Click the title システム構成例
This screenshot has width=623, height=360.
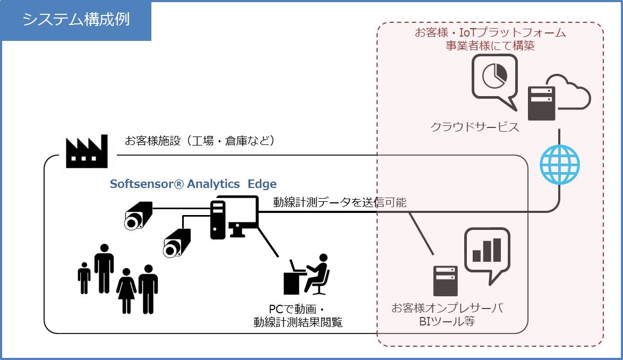pos(76,20)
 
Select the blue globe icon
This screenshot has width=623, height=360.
pos(559,165)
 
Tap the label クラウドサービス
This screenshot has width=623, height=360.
pos(474,127)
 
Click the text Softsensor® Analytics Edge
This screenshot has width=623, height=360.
pos(193,184)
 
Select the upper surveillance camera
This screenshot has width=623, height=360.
pos(138,216)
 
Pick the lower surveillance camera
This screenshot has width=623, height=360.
pos(177,243)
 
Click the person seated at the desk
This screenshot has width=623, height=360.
pos(306,275)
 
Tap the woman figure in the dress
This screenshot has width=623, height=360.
pos(126,291)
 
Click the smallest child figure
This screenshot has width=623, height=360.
pos(84,278)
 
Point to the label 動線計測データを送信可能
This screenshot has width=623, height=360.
pos(340,202)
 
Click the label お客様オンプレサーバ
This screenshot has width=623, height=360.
pos(447,308)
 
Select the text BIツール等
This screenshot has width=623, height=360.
pos(447,321)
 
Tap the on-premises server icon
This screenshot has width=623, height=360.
pos(446,281)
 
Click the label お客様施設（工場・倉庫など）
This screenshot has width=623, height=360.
pos(200,141)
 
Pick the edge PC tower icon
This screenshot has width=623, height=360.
pos(218,220)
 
